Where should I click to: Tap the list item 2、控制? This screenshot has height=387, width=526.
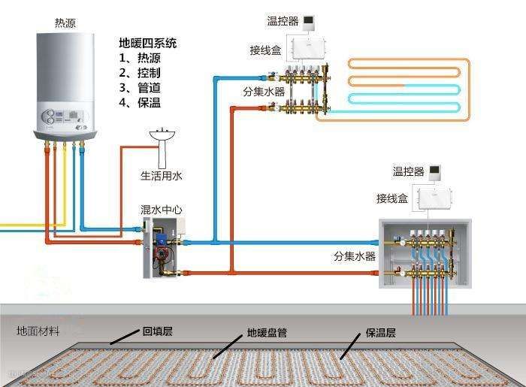(140, 73)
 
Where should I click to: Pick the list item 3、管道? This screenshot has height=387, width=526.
(140, 88)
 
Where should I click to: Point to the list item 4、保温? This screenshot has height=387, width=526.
(140, 103)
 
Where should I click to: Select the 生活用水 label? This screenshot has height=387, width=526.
(162, 176)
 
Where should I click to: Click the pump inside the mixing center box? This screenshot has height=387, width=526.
(160, 243)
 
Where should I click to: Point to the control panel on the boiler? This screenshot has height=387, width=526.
(65, 118)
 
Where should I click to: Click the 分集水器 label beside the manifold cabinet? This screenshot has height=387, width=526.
(355, 256)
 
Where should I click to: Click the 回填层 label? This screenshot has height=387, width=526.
(158, 331)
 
